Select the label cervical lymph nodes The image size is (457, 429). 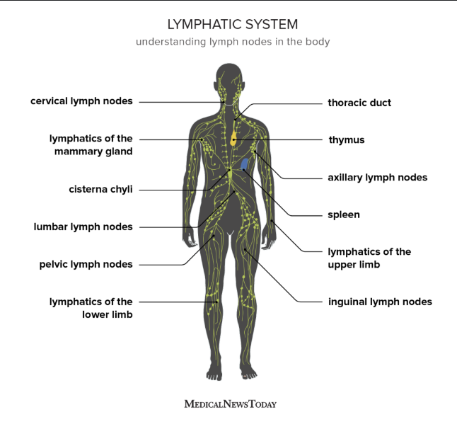pos(81,101)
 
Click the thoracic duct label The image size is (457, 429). pos(359,103)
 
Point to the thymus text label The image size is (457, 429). pos(347,140)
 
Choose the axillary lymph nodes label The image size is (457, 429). pos(378,178)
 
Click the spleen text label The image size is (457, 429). pos(344,214)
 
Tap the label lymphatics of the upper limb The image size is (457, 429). pos(369,258)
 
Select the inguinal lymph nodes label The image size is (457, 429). pos(380,302)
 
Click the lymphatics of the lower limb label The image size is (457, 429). pos(91,308)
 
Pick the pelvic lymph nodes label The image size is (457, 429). pos(86,264)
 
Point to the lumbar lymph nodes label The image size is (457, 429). pos(83,227)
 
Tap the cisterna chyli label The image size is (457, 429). pos(100,190)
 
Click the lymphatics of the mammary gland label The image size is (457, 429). pos(91,145)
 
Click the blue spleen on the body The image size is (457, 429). pos(245,164)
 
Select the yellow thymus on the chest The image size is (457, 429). pos(233,137)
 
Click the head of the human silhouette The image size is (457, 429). pos(228,81)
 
